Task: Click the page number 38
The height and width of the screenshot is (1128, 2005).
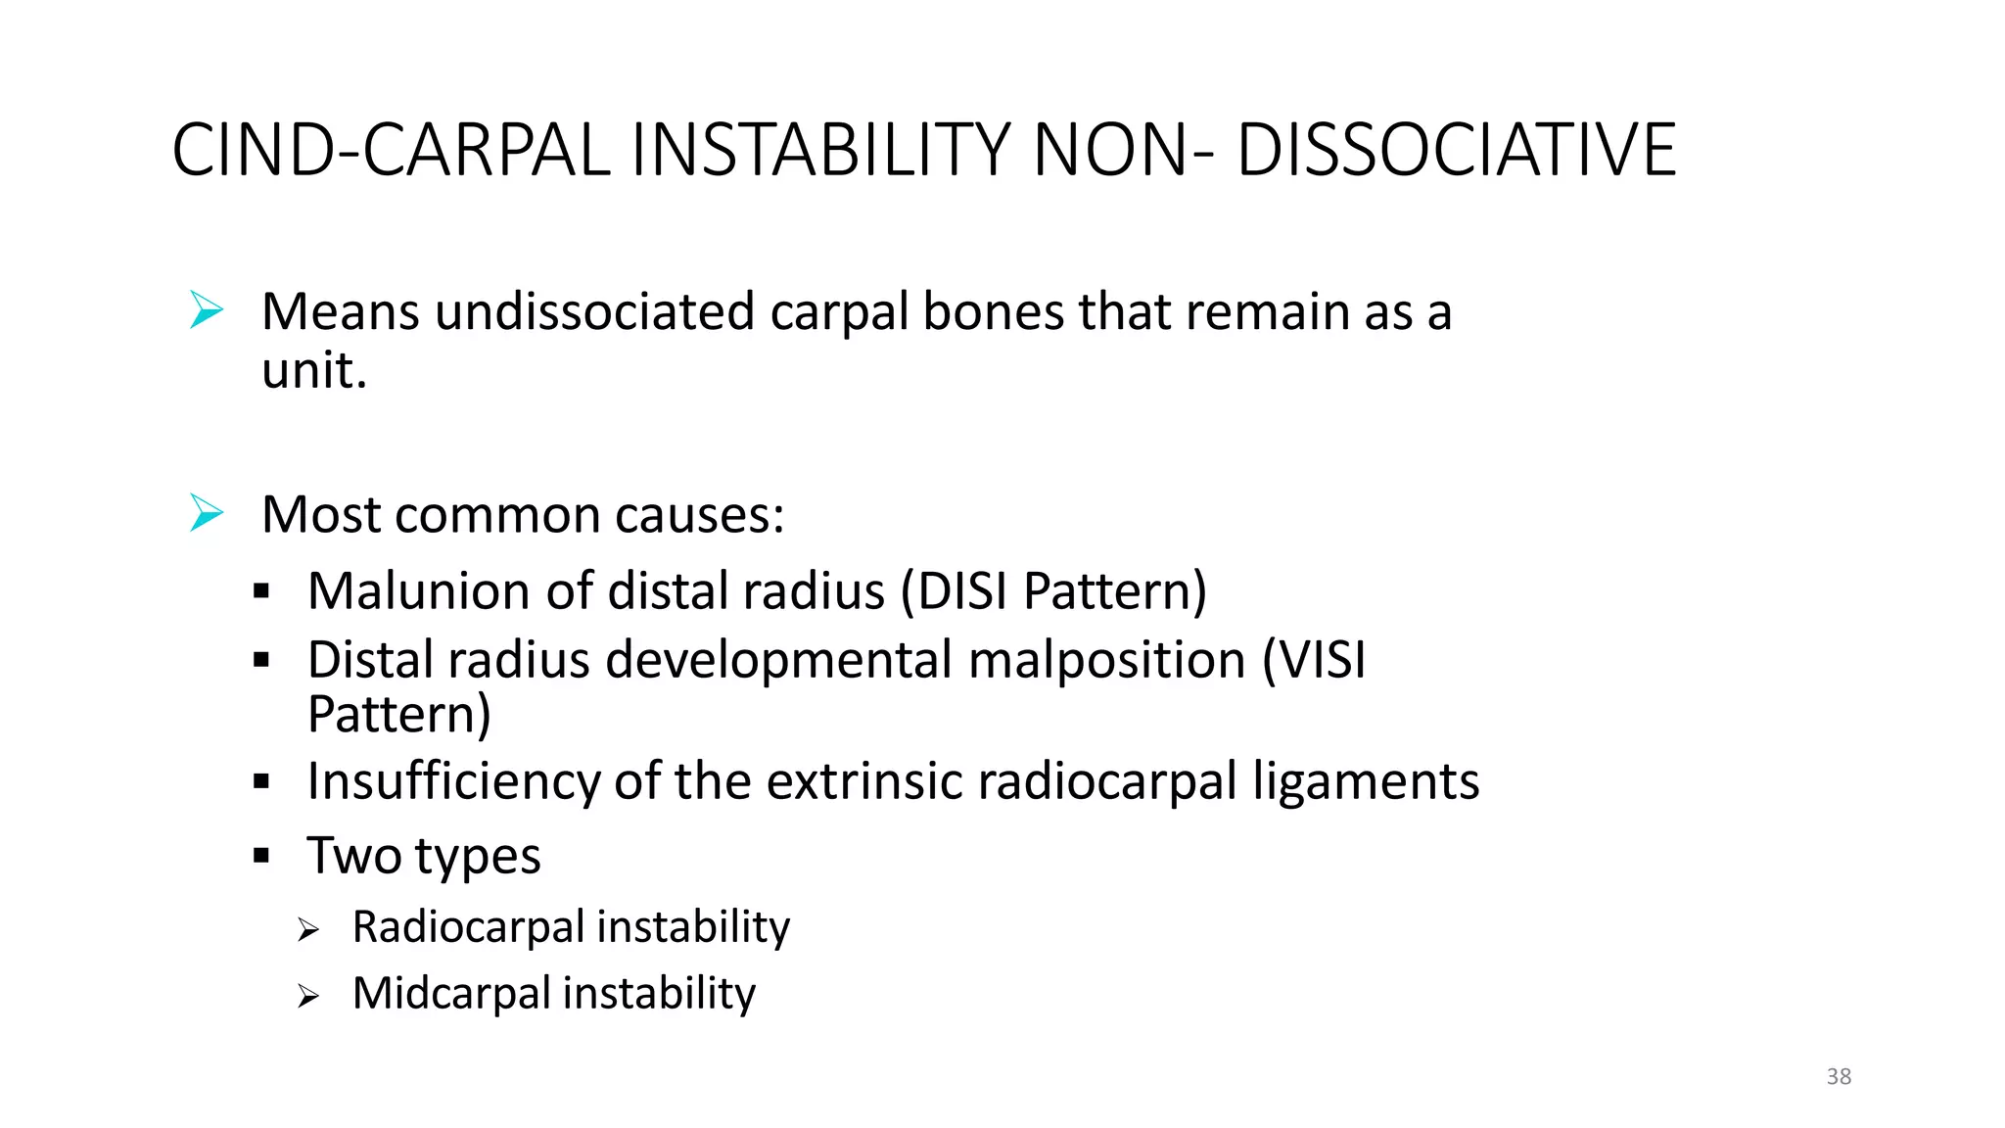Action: pos(1839,1076)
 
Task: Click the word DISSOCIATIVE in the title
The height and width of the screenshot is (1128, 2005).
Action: pos(1456,151)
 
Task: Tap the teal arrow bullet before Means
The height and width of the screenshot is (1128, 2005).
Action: pos(207,310)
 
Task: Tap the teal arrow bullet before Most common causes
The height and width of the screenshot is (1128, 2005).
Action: pos(207,513)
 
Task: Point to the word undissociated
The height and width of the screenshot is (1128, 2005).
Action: pos(594,312)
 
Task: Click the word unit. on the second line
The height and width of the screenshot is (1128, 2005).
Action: pos(314,371)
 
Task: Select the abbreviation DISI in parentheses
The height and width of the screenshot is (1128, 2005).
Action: pos(961,591)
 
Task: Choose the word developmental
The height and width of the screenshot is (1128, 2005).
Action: pos(778,660)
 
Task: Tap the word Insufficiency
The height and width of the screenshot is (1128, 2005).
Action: pos(453,781)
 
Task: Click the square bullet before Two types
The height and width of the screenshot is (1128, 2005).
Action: pos(260,856)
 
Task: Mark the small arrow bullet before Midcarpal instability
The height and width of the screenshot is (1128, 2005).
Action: pos(308,997)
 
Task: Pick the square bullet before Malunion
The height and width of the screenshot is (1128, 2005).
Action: pos(260,591)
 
